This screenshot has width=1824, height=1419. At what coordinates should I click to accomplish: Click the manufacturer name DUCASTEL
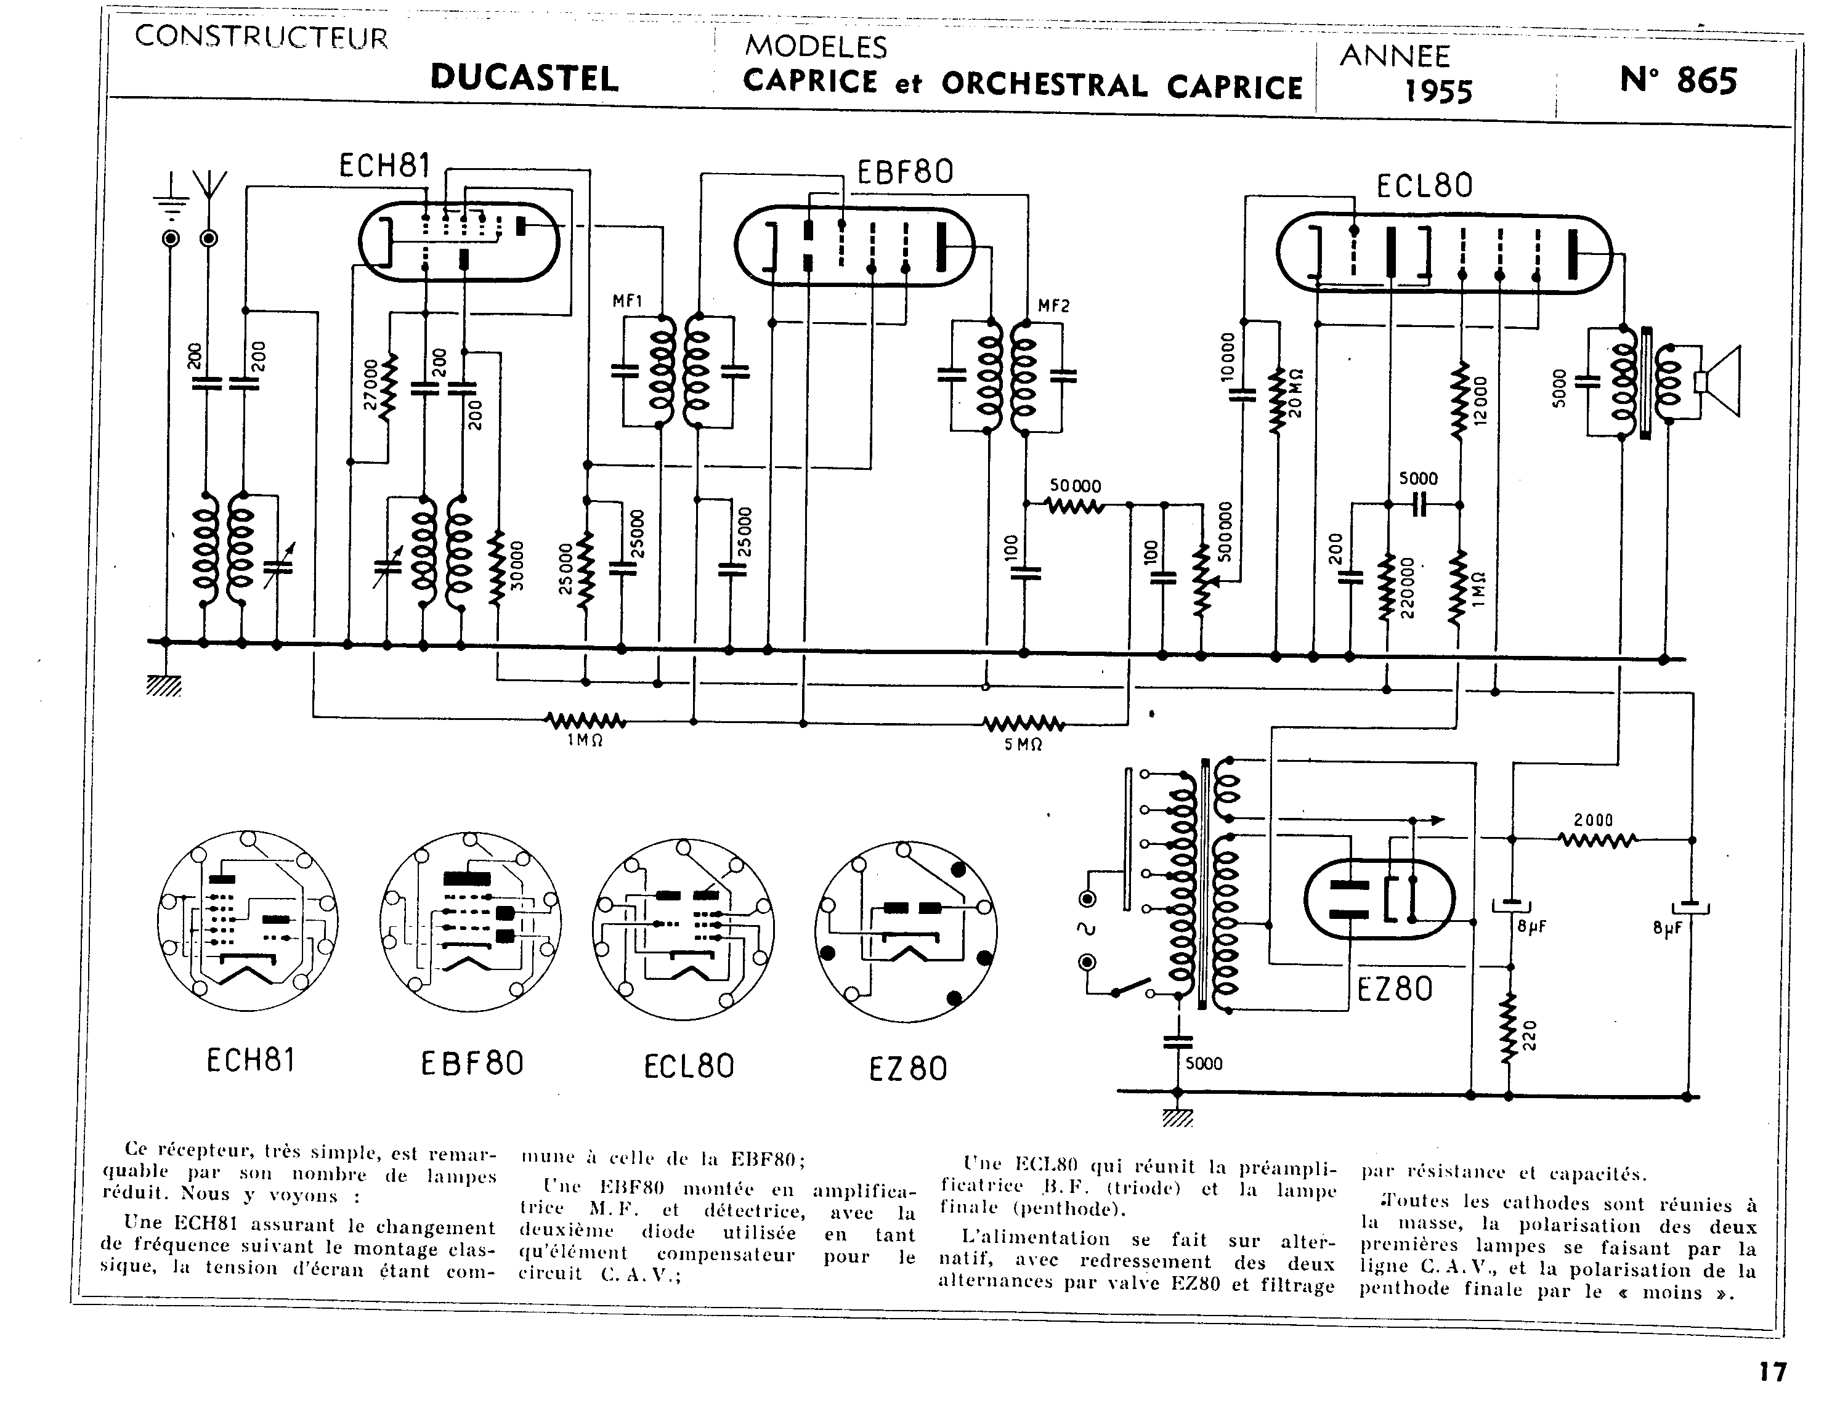coord(524,78)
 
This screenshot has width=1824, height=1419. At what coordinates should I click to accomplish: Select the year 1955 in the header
coord(1438,89)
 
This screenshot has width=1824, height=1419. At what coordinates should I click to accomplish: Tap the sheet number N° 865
coord(1678,80)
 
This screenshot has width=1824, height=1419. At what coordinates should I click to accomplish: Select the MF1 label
coord(627,301)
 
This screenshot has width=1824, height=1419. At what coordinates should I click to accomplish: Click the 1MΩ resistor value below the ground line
coord(585,740)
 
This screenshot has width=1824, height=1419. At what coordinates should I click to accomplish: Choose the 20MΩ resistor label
coord(1295,392)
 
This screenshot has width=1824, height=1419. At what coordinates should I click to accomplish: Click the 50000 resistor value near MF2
coord(1076,486)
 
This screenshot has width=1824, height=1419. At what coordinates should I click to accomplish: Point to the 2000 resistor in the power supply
coord(1594,820)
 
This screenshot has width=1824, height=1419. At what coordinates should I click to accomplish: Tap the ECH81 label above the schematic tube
coord(384,166)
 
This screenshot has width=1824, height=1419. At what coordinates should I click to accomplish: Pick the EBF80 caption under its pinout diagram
coord(472,1063)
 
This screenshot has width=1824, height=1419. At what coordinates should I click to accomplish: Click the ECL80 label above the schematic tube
coord(1425,185)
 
